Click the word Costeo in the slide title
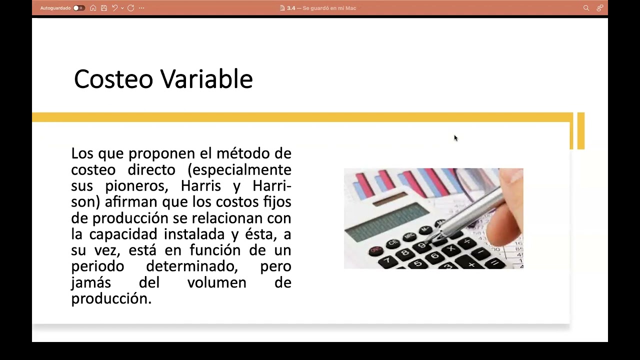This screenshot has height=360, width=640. [113, 79]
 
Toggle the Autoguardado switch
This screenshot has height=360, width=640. [78, 8]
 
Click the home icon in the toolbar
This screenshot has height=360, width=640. [93, 8]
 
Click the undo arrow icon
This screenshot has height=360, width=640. [114, 8]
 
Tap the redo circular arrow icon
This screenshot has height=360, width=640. [130, 8]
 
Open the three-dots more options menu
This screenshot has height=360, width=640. [141, 8]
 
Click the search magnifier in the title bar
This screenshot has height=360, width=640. [586, 8]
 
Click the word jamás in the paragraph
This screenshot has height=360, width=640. [90, 283]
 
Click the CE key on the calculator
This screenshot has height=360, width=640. [393, 242]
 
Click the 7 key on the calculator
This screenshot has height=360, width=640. [385, 260]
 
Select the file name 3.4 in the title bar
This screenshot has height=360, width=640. [291, 8]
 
